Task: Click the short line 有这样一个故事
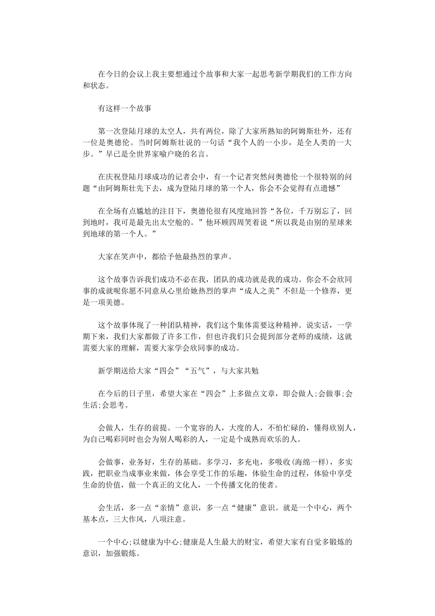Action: [125, 109]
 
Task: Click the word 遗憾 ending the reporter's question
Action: [329, 188]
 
